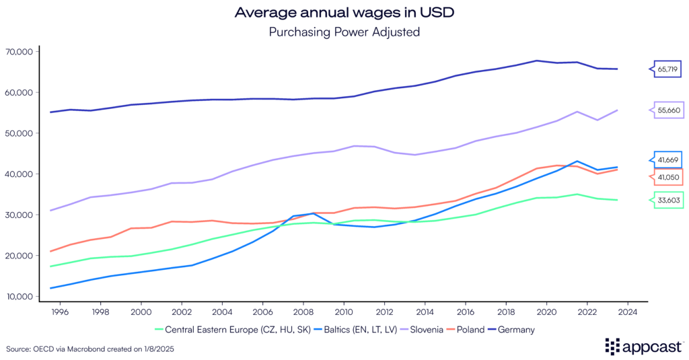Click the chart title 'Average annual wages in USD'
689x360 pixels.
pos(344,12)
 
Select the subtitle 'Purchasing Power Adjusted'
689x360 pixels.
pos(344,31)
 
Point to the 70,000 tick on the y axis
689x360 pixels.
pos(24,52)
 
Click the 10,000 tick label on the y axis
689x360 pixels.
pos(24,297)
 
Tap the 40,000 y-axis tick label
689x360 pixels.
pos(24,174)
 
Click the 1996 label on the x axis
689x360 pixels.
pos(59,312)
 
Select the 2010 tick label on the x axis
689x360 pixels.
pos(344,312)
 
